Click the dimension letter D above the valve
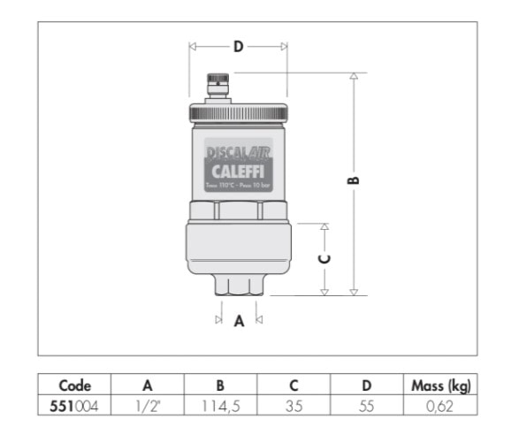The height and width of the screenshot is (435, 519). pyautogui.click(x=237, y=48)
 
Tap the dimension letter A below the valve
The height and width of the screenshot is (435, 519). pyautogui.click(x=238, y=323)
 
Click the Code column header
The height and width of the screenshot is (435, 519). pyautogui.click(x=75, y=385)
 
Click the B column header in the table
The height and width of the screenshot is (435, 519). pyautogui.click(x=220, y=385)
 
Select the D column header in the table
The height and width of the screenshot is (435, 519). pyautogui.click(x=367, y=385)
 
